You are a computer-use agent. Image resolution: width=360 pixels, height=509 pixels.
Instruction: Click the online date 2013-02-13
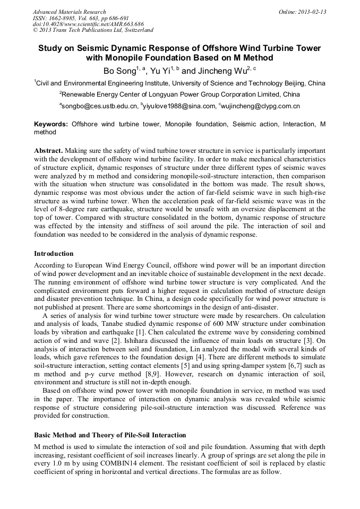(x=313, y=12)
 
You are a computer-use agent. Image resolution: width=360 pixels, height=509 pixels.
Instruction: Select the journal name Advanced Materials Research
(x=69, y=12)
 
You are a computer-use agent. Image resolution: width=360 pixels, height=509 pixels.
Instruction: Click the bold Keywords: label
(x=50, y=124)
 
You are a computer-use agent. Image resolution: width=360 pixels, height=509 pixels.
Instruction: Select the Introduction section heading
(x=54, y=254)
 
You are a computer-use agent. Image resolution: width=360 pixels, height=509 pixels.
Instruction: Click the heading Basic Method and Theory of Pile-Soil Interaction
(x=110, y=435)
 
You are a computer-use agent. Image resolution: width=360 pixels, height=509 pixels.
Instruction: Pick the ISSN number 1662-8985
(x=63, y=18)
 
